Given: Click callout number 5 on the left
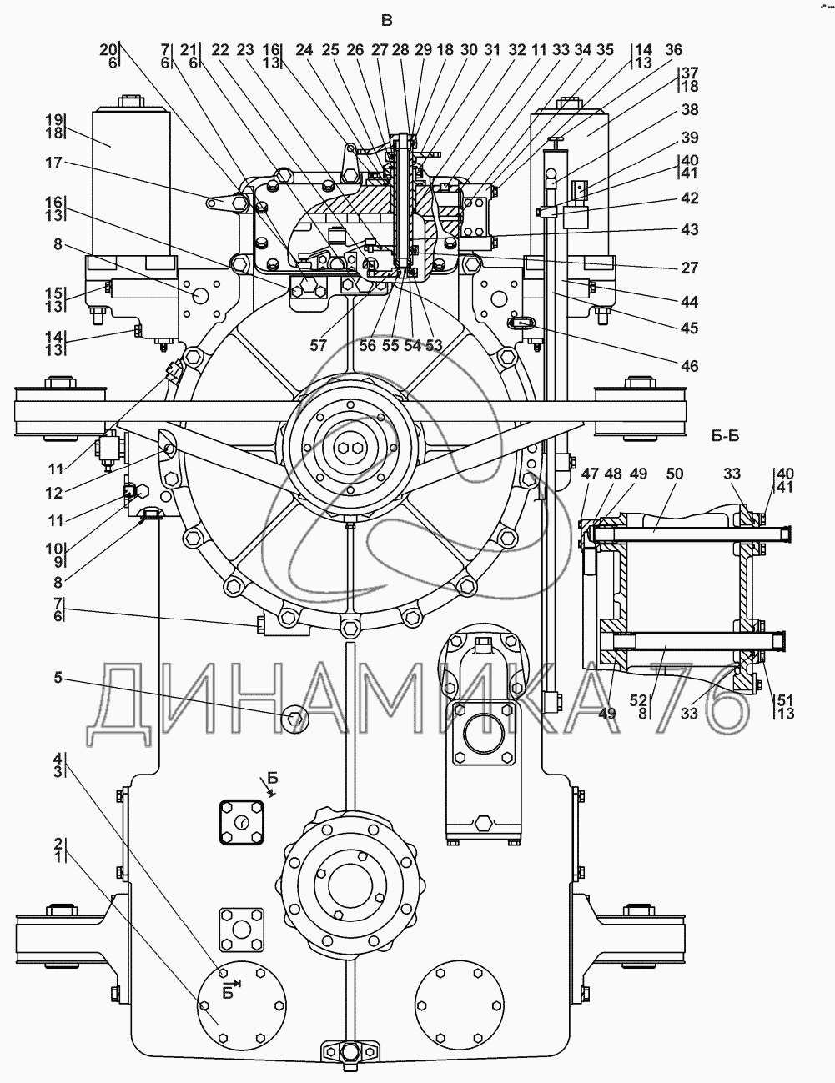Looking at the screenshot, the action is click(x=58, y=677).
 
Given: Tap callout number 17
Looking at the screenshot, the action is click(x=54, y=163).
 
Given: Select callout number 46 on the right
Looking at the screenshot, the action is click(x=689, y=366).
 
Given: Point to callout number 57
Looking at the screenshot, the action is click(x=318, y=345).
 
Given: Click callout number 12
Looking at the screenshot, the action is click(x=54, y=493).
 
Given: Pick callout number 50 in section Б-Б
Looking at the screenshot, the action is click(x=675, y=474).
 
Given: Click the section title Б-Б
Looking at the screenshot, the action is click(x=726, y=436).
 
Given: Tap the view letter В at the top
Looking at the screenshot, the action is click(x=387, y=21).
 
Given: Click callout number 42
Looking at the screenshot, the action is click(x=689, y=198).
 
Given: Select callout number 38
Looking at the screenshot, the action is click(x=689, y=110).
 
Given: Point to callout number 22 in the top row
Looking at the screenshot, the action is click(x=220, y=50).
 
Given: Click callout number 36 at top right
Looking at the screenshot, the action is click(x=673, y=50).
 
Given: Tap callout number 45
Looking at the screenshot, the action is click(x=689, y=328).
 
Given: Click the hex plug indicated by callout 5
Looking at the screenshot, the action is click(x=295, y=719).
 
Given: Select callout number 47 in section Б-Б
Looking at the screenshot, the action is click(x=590, y=474).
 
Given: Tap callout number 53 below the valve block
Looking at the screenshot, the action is click(x=435, y=345).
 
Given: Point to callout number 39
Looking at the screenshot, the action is click(x=689, y=138).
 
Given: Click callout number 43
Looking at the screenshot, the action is click(x=689, y=230).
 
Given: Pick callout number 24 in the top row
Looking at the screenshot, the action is click(x=304, y=50).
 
